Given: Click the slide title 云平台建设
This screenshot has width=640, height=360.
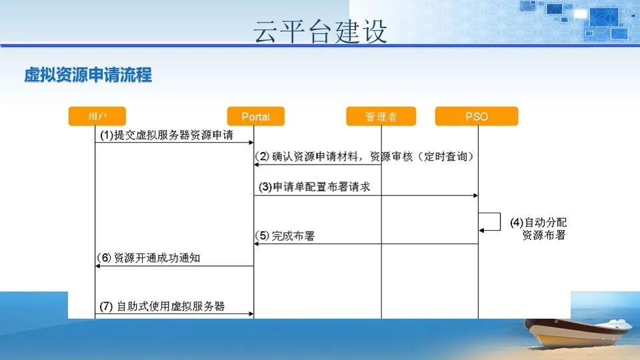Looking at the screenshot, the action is click(320, 31).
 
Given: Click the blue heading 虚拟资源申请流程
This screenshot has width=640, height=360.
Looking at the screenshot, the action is click(88, 75).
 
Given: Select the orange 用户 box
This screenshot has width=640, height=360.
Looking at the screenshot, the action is click(97, 116).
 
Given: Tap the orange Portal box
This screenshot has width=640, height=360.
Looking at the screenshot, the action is click(255, 116).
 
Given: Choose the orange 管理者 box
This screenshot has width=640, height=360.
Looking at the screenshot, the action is click(381, 116).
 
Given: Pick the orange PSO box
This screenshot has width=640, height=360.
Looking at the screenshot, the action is click(477, 116).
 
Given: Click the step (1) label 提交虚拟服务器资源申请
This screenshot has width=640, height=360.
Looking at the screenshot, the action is click(167, 135).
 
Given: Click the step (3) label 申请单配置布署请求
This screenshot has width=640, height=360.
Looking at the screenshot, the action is click(314, 187).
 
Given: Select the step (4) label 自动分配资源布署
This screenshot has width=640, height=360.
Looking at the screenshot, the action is click(539, 229).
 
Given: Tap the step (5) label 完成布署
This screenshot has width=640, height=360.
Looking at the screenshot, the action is click(285, 235).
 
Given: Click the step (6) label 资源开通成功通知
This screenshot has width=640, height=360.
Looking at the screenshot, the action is click(149, 257).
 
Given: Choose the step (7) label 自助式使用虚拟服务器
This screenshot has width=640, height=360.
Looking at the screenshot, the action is click(162, 306).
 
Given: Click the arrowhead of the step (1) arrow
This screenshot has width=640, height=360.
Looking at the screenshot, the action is click(251, 143).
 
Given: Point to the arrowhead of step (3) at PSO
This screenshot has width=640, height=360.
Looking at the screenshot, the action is click(475, 195).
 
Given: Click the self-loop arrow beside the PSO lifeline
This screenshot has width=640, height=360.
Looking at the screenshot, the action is click(501, 221).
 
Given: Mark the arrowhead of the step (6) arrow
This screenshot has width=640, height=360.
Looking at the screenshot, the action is click(97, 266).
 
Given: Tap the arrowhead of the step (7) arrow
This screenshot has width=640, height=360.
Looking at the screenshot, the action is click(251, 314).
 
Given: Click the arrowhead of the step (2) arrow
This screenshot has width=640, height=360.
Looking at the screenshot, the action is click(256, 165).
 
